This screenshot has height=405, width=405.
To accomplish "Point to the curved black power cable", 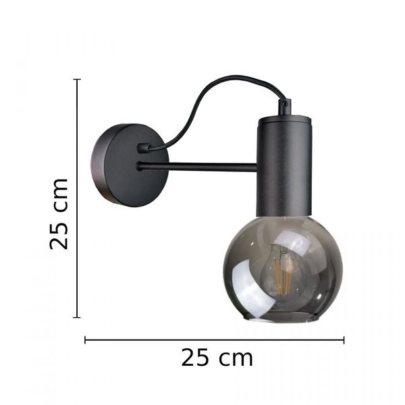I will tap(202, 94).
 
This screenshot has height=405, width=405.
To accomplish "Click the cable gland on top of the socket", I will tap(285, 107).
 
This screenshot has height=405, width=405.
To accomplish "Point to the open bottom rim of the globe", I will tap(282, 319).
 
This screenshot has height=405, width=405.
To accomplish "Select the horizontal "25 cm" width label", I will tap(217, 358).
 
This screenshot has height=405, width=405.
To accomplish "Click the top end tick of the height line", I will tap(77, 80).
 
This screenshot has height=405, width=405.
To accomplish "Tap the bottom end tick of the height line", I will tap(77, 317).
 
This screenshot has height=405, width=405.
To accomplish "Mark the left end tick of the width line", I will tap(85, 340).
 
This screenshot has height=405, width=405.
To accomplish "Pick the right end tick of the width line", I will tap(344, 340).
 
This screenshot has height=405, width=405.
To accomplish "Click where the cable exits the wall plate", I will tap(143, 148).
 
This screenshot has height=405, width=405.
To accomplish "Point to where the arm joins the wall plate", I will tap(140, 166).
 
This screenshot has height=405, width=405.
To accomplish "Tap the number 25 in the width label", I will tap(196, 358).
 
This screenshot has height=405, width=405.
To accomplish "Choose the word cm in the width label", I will tap(236, 358).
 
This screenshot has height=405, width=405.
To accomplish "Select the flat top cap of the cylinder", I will tap(283, 119).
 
